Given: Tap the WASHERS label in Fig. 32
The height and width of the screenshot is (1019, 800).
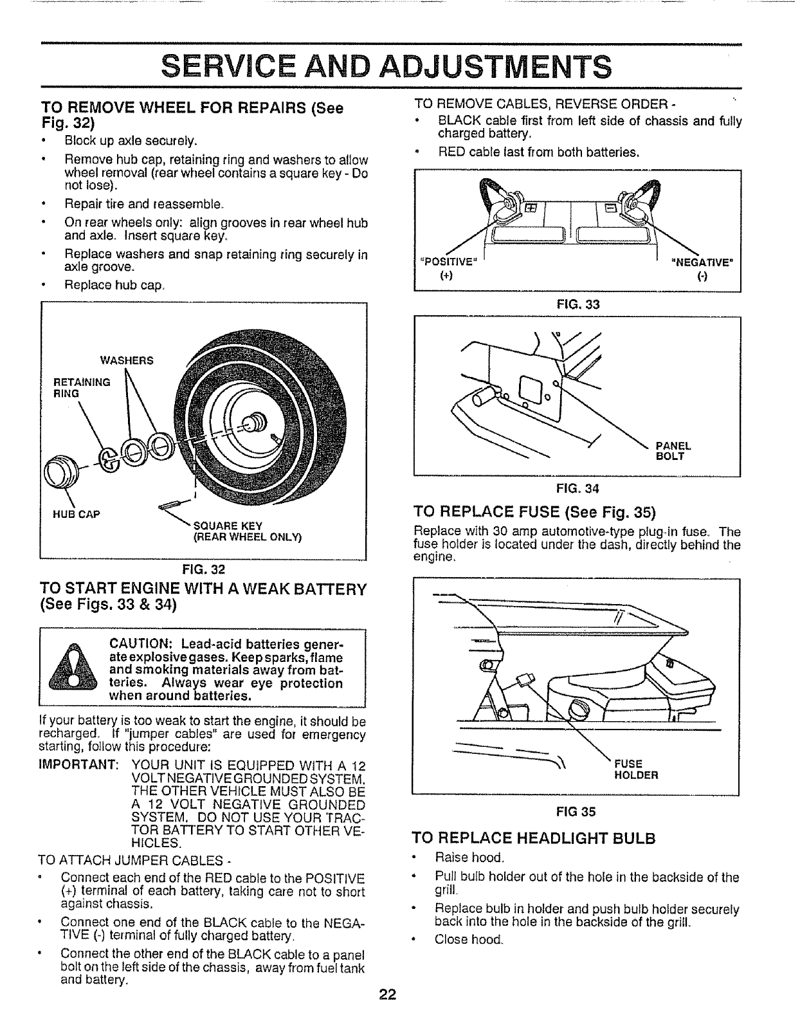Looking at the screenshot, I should click(x=127, y=360).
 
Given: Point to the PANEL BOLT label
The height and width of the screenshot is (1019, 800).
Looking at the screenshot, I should click(x=673, y=451).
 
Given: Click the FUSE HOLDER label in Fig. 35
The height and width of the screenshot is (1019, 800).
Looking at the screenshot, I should click(x=636, y=769).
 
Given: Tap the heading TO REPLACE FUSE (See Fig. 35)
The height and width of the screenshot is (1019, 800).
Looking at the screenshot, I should click(x=534, y=513).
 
